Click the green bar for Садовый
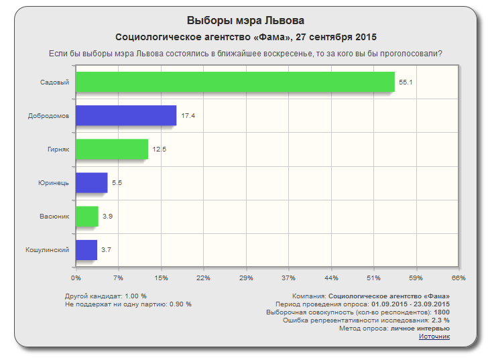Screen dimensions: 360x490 235,82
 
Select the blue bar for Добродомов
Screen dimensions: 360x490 126,115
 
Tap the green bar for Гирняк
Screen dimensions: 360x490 111,149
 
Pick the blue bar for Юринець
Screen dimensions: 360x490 91,182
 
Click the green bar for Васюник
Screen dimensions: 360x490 87,216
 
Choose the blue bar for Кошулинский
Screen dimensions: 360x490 86,249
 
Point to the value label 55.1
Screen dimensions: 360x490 405,82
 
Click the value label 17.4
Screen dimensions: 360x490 188,116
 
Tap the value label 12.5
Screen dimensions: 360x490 159,149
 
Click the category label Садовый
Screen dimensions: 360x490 56,82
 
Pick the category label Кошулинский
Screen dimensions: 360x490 48,249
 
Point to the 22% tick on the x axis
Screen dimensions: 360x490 203,278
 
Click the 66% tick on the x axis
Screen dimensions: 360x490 458,278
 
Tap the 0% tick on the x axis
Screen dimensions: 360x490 76,278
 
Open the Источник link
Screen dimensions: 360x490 434,336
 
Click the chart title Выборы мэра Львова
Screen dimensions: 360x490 245,21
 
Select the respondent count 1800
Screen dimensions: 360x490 442,312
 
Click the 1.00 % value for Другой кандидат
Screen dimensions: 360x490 135,296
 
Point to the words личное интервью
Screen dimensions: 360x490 420,328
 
